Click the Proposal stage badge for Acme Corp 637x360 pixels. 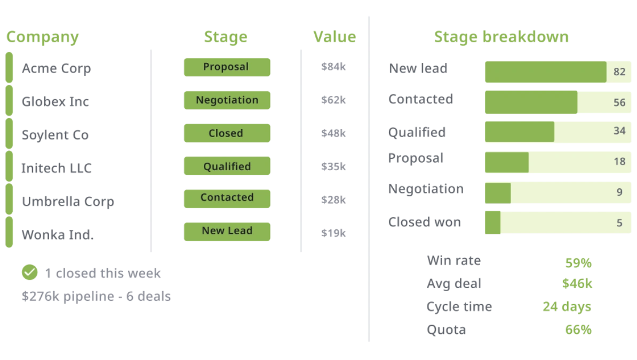pos(227,67)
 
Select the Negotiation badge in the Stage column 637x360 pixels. pos(227,100)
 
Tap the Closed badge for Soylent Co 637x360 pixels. pos(227,133)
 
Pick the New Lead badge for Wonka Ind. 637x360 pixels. pos(227,231)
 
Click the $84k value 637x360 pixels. pos(333,67)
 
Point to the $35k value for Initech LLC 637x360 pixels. pos(333,166)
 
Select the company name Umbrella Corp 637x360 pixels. pos(68,202)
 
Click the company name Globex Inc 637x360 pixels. pos(55,101)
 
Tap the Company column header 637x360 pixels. pos(43,37)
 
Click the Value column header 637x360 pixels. pos(335,37)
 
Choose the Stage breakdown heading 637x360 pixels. pos(501,37)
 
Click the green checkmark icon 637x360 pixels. pos(30,272)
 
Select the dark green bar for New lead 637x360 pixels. pos(546,72)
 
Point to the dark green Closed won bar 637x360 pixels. pos(493,222)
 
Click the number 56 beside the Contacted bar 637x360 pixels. pos(619,102)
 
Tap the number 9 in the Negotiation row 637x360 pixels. pos(619,192)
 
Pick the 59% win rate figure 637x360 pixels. pos(578,263)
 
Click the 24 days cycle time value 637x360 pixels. pos(567,307)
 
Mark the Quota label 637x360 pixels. pos(446,330)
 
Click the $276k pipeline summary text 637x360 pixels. pos(96,296)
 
